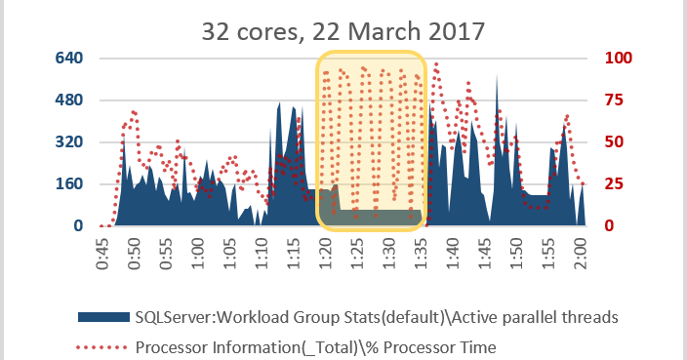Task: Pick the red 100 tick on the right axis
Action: click(621, 58)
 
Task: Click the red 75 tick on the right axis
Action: click(617, 100)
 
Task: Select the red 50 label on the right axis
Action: click(617, 141)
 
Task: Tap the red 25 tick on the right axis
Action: click(617, 183)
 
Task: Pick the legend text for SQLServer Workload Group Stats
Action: click(377, 316)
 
